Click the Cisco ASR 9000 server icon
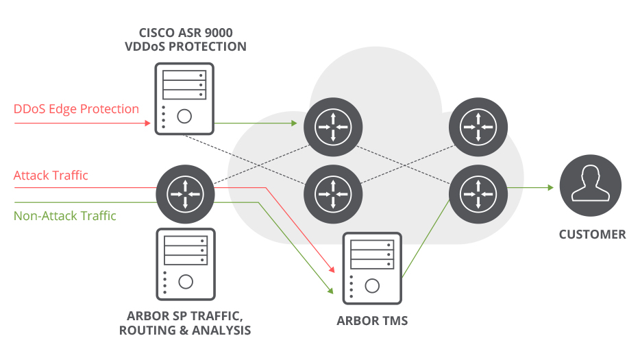184,98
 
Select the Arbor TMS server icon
371,267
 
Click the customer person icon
590,186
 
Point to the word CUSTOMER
592,235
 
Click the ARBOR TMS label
372,320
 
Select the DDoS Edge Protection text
76,109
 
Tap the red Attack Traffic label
51,176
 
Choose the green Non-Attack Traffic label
65,216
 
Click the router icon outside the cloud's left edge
184,195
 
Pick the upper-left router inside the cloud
332,127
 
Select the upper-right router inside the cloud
478,127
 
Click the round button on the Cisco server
184,116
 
